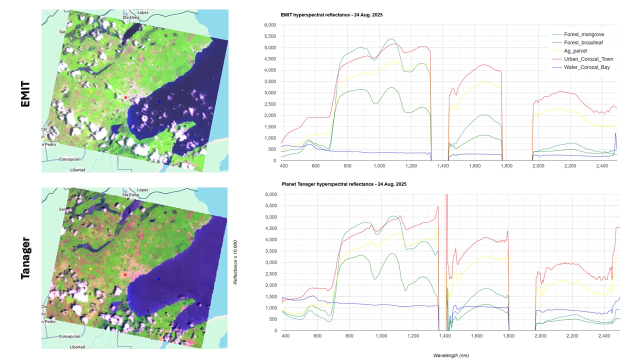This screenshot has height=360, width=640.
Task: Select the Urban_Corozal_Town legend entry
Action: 588,59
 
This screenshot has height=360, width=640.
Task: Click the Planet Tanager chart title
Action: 344,184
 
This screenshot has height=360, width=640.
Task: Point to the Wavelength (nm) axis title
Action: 450,355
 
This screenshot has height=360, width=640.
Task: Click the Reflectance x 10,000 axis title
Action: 235,255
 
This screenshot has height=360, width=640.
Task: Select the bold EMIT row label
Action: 25,94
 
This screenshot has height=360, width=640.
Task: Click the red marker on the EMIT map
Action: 125,97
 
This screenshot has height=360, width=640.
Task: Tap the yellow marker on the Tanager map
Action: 90,269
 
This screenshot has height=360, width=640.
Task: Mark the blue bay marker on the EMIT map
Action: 159,101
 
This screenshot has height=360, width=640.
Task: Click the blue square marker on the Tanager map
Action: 159,278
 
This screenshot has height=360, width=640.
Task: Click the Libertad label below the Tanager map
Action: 77,346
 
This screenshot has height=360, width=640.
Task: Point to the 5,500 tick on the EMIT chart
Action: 269,36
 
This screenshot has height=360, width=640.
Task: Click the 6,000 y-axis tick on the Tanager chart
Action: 269,194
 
